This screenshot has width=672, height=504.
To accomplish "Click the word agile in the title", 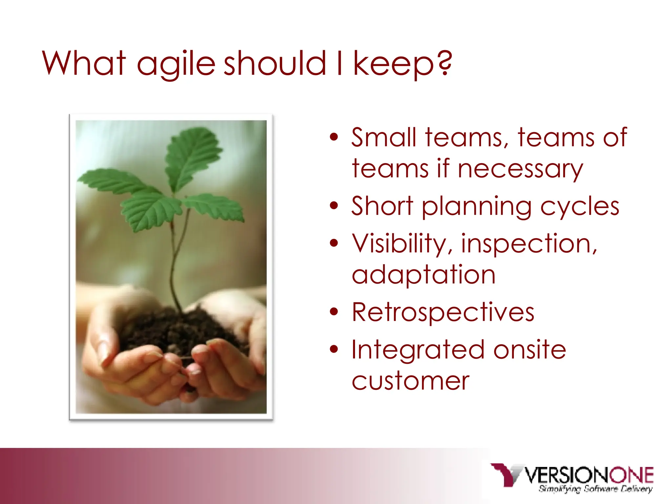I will click(176, 64).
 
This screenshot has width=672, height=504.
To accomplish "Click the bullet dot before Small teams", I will click(334, 137).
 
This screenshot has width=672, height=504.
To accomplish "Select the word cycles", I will click(580, 207).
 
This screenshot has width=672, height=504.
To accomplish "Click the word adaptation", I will click(423, 275).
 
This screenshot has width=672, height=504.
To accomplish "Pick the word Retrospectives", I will click(443, 312).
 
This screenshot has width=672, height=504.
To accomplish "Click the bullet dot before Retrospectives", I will click(334, 312).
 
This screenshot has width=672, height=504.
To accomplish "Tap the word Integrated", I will click(418, 350).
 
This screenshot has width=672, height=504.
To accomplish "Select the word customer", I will click(410, 381).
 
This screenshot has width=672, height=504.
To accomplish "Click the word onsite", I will click(530, 350).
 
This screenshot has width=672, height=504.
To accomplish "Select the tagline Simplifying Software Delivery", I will click(595, 489).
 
